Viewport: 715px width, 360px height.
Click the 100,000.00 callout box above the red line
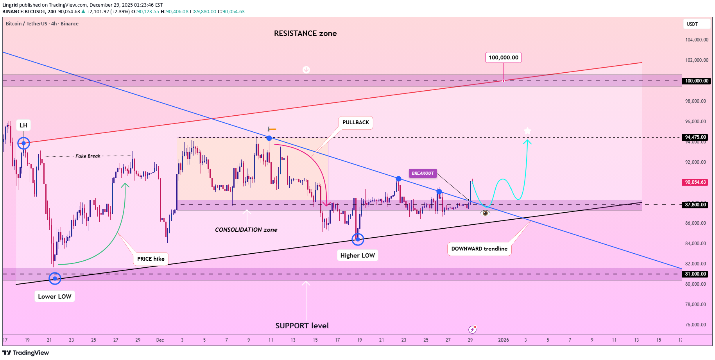503,57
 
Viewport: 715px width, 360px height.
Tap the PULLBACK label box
355,122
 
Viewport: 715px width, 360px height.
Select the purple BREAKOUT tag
423,173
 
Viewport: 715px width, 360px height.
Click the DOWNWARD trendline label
479,249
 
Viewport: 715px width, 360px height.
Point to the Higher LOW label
357,255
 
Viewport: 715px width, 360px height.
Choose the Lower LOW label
55,296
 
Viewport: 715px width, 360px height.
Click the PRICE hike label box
151,259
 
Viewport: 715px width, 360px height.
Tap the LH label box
23,125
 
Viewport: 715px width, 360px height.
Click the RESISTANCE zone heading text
305,34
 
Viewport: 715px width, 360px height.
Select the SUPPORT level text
302,326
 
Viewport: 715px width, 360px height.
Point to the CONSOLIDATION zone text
246,230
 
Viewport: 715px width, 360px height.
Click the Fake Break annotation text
88,156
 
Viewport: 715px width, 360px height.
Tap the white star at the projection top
527,131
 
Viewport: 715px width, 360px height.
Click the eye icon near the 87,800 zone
485,213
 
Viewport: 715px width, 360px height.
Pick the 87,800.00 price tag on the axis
695,205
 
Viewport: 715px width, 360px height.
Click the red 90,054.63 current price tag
695,182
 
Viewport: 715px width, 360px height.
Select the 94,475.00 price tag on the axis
695,137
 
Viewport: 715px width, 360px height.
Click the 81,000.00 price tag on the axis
695,274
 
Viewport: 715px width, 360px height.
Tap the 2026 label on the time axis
503,340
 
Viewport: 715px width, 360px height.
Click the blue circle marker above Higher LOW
358,239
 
